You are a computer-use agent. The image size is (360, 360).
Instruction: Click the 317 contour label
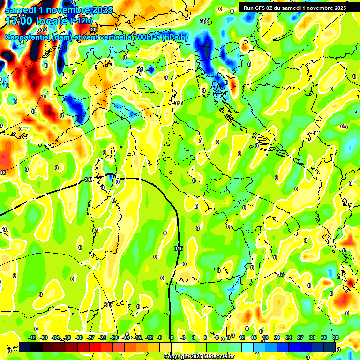(108, 305)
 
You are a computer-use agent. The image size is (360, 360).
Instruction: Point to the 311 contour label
(140, 70)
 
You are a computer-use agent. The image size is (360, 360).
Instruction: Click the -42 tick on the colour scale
(32, 337)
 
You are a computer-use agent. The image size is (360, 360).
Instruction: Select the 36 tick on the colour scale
(335, 337)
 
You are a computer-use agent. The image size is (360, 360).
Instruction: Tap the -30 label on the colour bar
(79, 337)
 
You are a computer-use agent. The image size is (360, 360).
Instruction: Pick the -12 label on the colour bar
(150, 337)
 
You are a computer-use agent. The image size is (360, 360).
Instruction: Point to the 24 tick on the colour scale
(289, 337)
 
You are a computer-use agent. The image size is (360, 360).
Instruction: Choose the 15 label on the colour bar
(254, 337)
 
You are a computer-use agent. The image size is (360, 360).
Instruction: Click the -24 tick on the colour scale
(103, 337)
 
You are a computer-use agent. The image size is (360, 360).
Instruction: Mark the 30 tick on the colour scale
(312, 337)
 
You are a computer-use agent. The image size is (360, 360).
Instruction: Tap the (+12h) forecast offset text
(82, 21)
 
